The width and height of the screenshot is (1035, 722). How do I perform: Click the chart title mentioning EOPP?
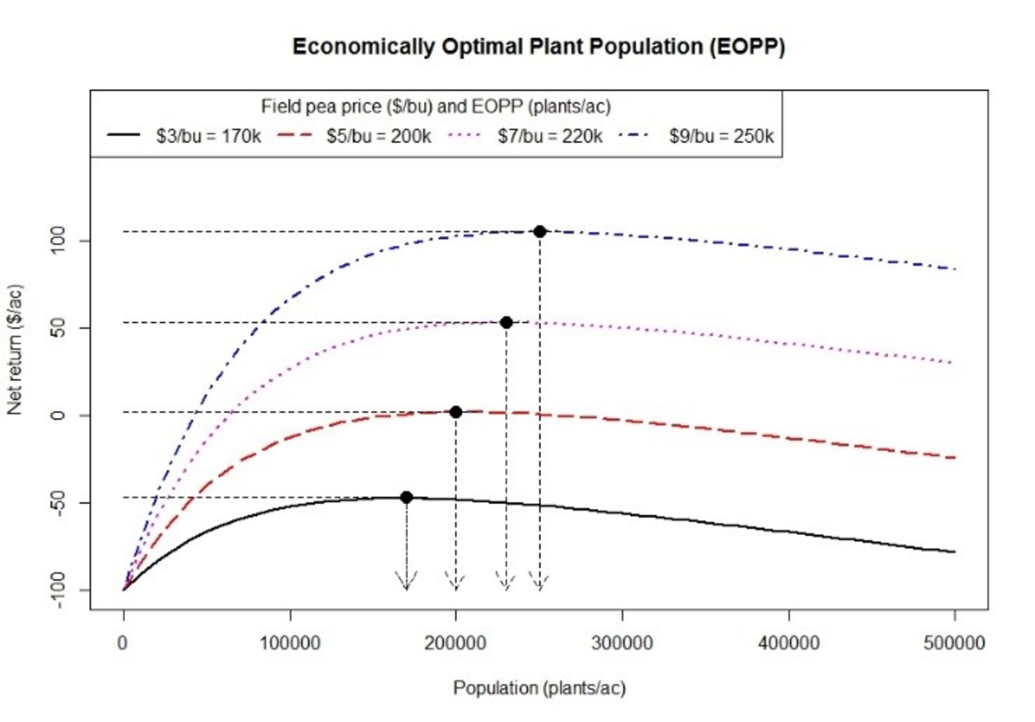[x=539, y=47]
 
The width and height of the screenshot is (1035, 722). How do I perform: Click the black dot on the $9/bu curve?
[x=539, y=232]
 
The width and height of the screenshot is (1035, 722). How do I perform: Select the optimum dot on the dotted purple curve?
[x=506, y=322]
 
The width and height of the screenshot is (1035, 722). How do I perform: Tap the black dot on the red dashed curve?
[x=456, y=412]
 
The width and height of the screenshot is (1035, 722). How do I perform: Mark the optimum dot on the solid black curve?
[x=406, y=498]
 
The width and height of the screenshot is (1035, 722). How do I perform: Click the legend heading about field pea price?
[x=436, y=107]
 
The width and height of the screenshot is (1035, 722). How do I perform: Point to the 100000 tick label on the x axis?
[x=290, y=643]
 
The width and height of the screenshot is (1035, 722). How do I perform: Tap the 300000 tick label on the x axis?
[x=622, y=643]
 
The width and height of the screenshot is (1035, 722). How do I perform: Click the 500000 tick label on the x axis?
[x=954, y=643]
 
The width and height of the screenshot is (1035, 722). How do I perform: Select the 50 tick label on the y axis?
[x=57, y=329]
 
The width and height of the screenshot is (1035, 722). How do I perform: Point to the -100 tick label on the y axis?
[x=57, y=590]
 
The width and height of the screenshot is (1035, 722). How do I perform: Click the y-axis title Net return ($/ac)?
[x=15, y=350]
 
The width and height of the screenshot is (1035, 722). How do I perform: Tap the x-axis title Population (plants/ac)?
[x=539, y=688]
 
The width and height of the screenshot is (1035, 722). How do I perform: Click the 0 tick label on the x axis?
[x=123, y=643]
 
